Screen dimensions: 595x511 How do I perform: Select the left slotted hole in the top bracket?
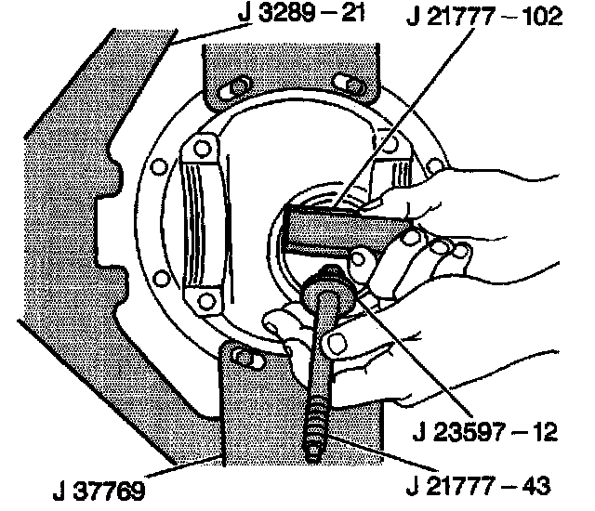tap(232, 87)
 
